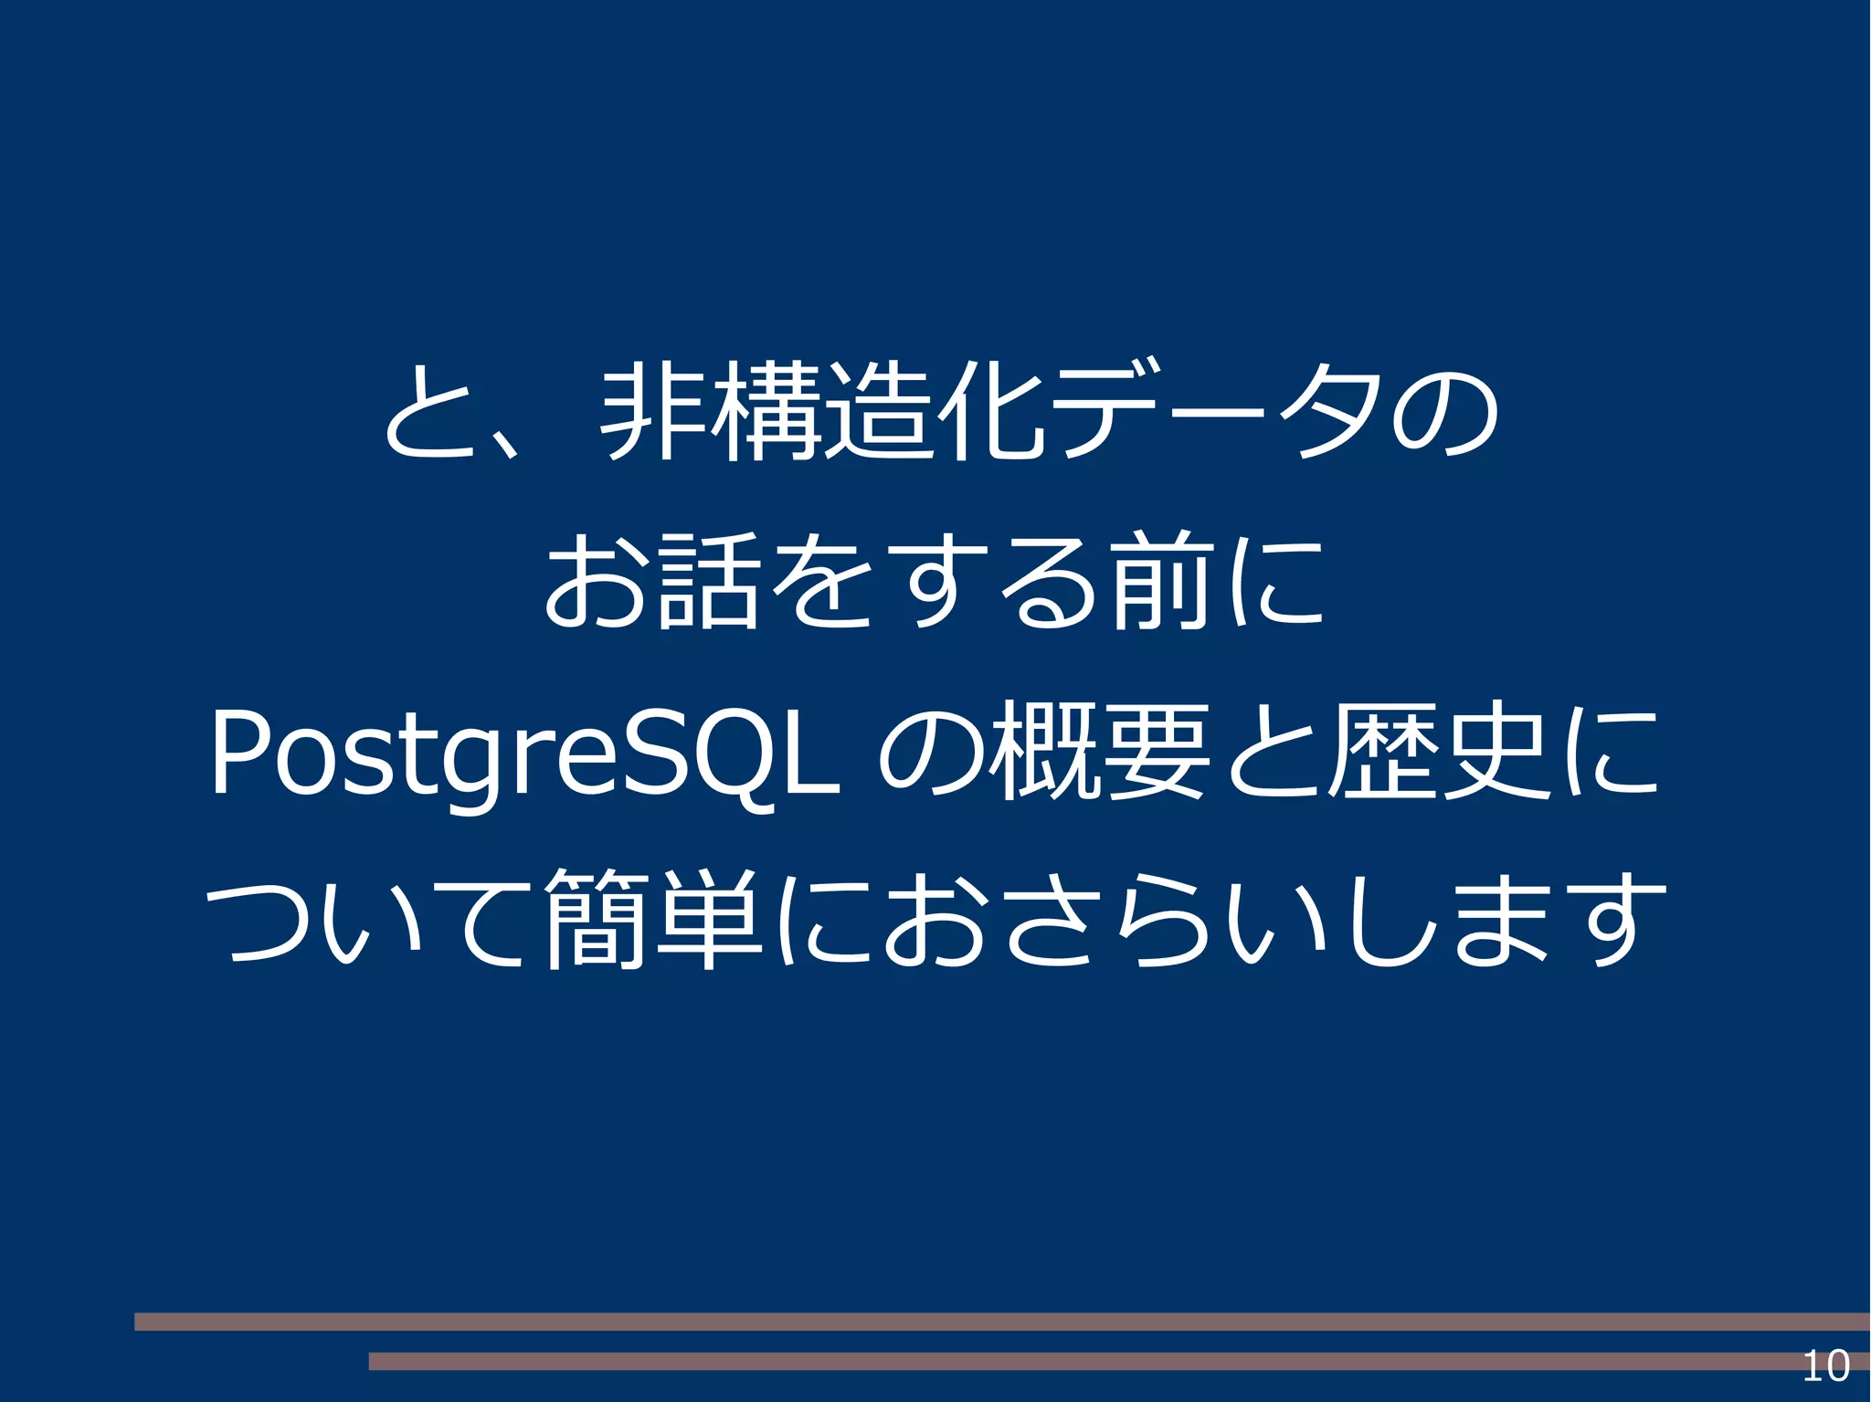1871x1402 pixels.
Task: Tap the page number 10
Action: pos(1825,1366)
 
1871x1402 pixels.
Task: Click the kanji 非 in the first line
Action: pos(656,412)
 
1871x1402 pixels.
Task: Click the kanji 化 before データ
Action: pos(991,412)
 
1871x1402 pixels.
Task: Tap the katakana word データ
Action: pos(1215,412)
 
